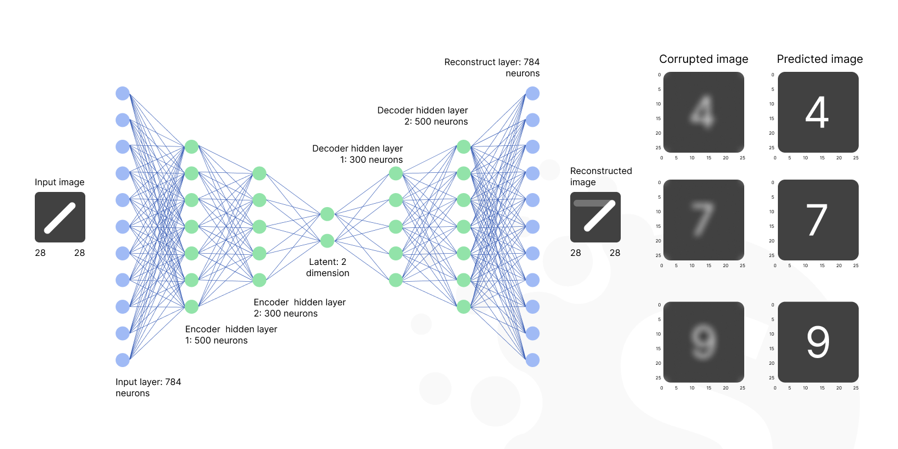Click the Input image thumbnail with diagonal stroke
point(60,217)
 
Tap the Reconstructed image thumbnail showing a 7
point(595,217)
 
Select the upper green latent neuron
point(327,214)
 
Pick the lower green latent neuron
point(327,241)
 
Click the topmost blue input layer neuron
point(122,93)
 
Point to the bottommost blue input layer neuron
point(122,360)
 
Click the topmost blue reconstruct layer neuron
point(533,93)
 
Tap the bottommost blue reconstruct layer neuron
point(533,360)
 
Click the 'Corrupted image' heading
point(703,59)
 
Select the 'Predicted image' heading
point(819,59)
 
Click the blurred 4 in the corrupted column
point(703,112)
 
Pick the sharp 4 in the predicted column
point(817,112)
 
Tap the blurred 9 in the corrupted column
point(703,342)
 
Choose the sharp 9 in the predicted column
point(818,342)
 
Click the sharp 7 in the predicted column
point(817,220)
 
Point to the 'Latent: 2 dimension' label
point(328,267)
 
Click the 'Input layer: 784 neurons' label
point(148,387)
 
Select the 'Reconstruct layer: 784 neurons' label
point(492,67)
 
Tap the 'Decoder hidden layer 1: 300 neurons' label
point(358,154)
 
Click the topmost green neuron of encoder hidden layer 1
point(191,147)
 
